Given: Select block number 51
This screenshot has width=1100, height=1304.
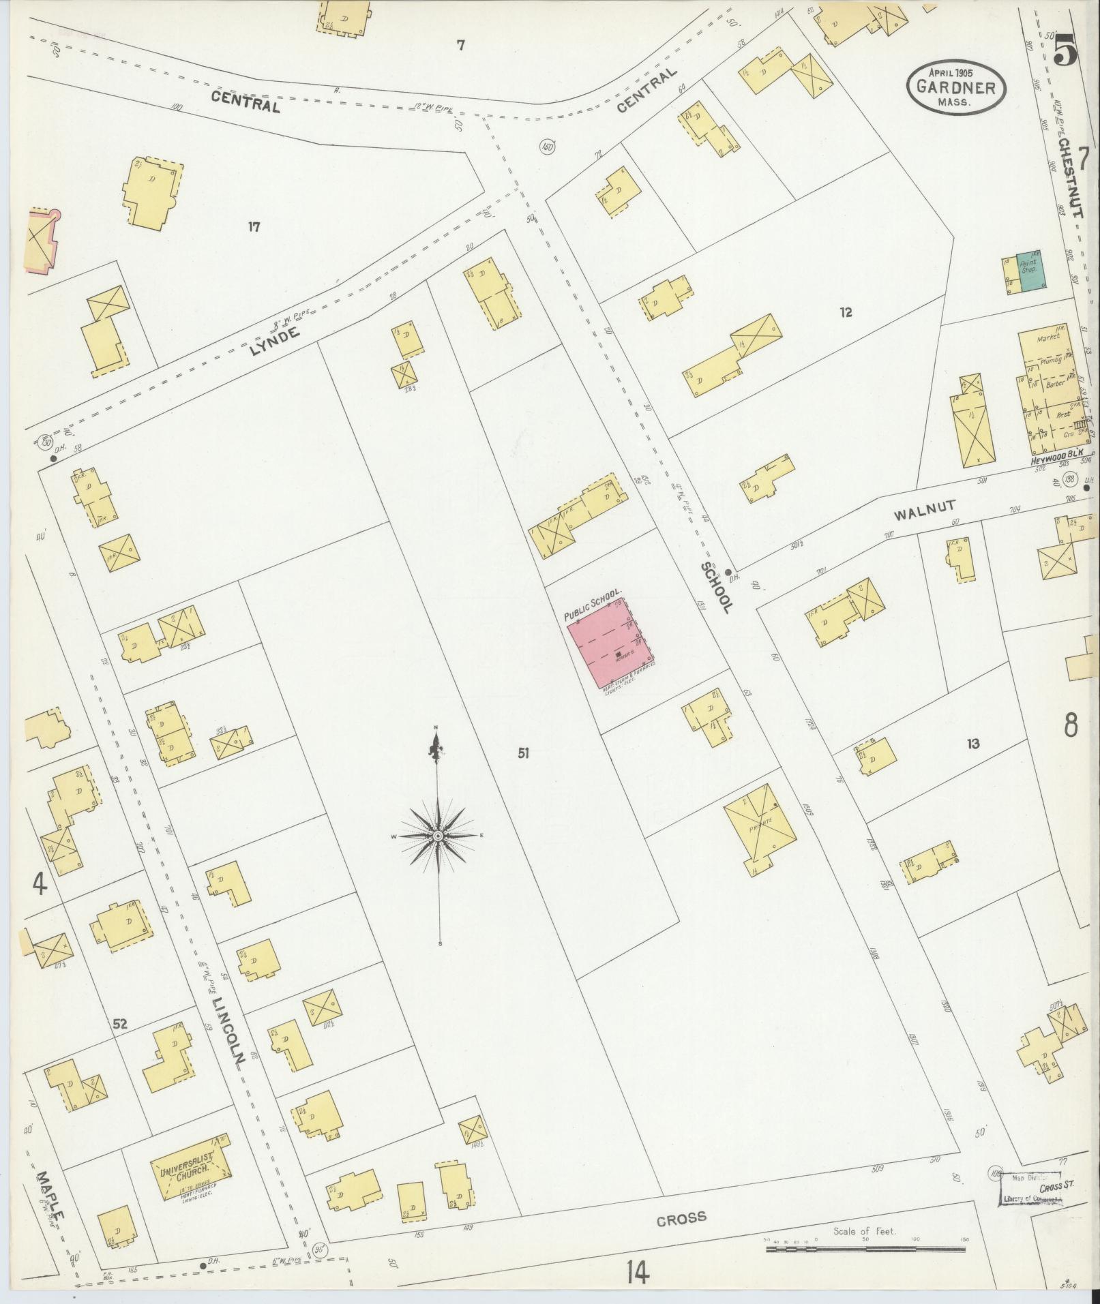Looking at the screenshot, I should pyautogui.click(x=523, y=753).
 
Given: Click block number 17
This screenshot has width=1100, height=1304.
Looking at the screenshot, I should pyautogui.click(x=254, y=227).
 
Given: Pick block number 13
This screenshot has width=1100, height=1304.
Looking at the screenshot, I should pyautogui.click(x=972, y=744).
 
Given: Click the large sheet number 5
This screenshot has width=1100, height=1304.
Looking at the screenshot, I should pyautogui.click(x=1064, y=49).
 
